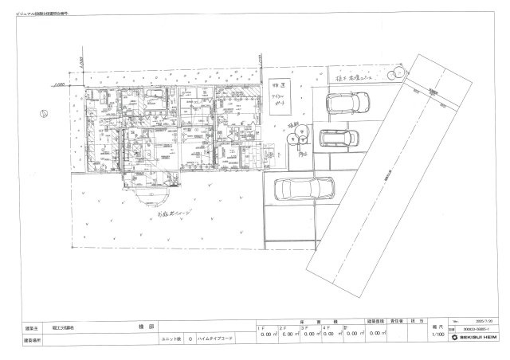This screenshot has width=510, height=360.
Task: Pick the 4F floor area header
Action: pyautogui.click(x=327, y=327)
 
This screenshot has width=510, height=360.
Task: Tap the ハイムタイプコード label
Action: pyautogui.click(x=216, y=338)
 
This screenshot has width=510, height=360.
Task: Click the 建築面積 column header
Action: pyautogui.click(x=376, y=321)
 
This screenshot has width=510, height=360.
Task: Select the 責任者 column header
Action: pyautogui.click(x=402, y=321)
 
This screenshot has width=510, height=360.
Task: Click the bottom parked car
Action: pyautogui.click(x=305, y=189)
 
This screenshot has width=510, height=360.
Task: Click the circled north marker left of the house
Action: pyautogui.click(x=45, y=112)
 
